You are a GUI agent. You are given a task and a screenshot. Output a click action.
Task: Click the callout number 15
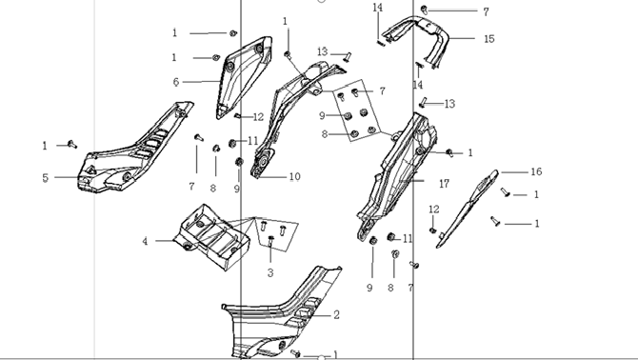(x=489, y=39)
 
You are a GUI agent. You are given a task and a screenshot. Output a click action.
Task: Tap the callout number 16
(x=536, y=171)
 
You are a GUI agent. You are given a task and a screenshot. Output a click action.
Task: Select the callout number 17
(x=445, y=184)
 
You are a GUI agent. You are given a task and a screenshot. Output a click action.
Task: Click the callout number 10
(x=294, y=176)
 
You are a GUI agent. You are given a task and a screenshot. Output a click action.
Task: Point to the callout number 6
(x=176, y=82)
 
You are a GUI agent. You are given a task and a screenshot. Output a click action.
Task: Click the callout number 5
(x=45, y=178)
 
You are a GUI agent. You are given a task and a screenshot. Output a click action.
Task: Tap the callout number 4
(x=145, y=241)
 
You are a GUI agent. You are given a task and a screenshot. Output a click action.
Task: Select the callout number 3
(x=270, y=273)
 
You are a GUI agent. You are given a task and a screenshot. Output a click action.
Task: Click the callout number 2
(x=336, y=315)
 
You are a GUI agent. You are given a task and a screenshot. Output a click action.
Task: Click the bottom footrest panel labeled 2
(x=285, y=313)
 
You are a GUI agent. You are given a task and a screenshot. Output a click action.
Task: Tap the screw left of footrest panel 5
(x=72, y=144)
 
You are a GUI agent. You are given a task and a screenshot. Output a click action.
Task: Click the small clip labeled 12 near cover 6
(x=237, y=116)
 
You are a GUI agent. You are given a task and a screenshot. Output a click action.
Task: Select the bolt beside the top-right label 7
(x=424, y=10)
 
